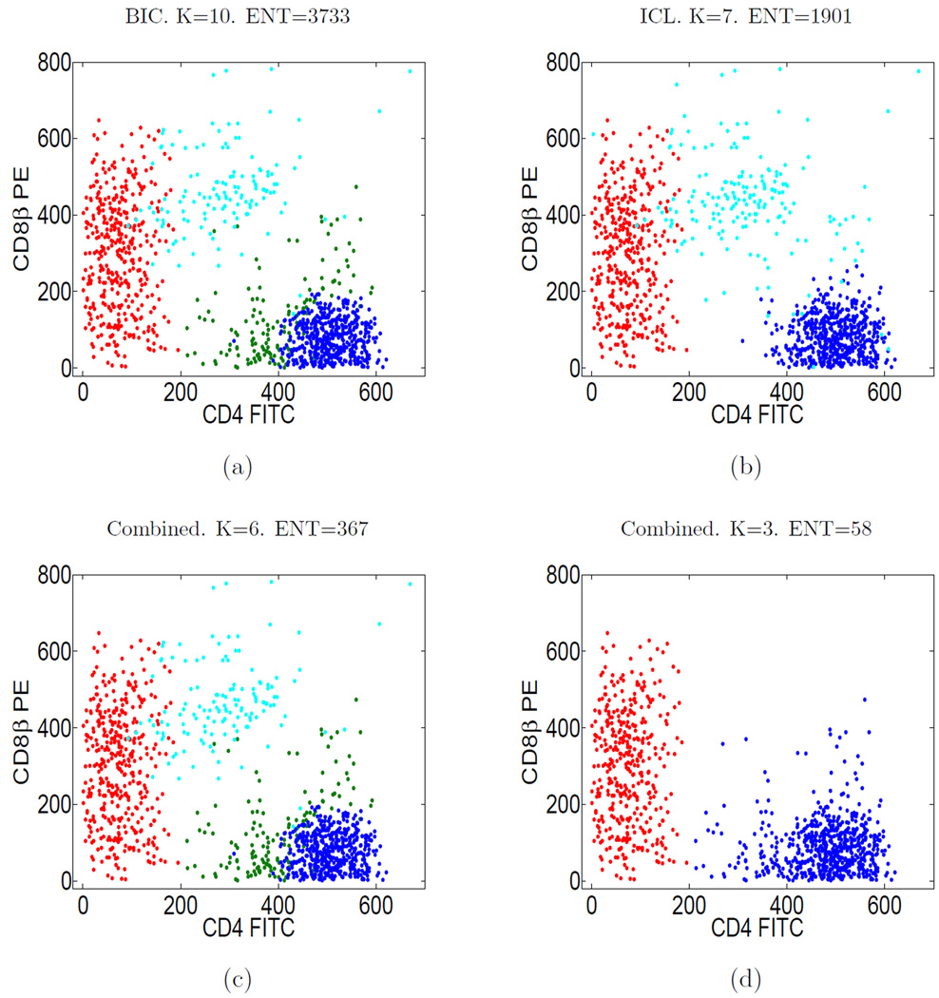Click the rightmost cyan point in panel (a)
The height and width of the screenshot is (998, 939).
click(x=410, y=71)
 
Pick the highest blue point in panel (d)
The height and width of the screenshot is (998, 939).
click(x=864, y=700)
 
